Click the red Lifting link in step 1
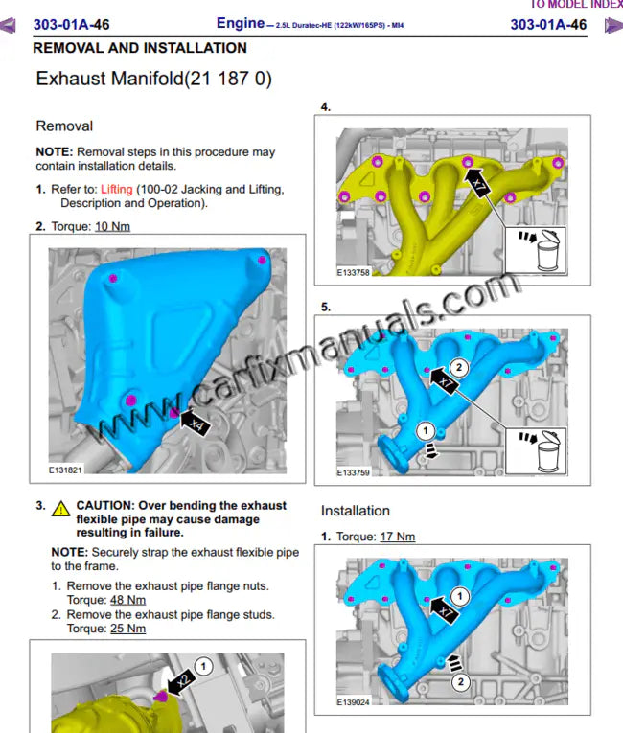117,190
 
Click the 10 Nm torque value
111,226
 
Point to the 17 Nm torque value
397,537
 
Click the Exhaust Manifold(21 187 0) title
153,80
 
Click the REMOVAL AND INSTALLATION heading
140,48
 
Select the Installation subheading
355,511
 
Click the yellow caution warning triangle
61,508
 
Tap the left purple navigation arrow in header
9,25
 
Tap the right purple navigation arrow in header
612,25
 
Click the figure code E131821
66,470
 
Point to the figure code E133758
354,272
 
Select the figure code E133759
354,472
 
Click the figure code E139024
354,701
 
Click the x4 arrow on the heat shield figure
193,420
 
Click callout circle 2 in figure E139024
460,681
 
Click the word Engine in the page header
240,23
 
